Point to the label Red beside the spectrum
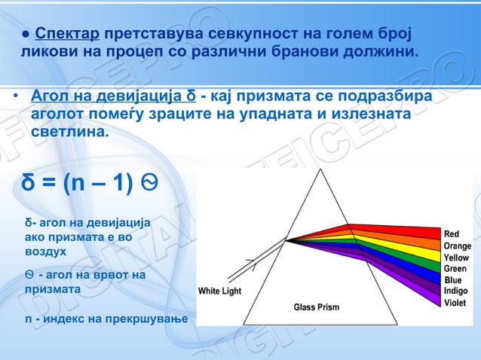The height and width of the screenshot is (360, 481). [x=451, y=234]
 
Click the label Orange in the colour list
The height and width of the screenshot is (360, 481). [x=457, y=246]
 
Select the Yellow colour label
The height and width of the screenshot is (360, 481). [x=456, y=257]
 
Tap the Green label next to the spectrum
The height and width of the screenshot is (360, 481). [x=455, y=268]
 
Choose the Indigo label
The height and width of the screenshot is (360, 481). [x=455, y=291]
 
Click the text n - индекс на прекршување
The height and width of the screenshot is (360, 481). [x=106, y=319]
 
